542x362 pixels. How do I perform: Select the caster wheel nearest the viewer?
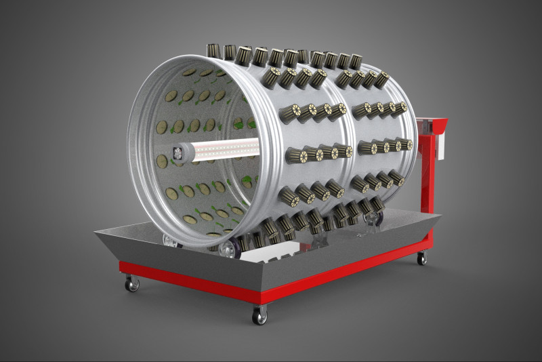[259, 315]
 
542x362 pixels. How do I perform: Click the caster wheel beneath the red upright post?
[421, 258]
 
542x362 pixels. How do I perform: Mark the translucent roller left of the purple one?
[171, 239]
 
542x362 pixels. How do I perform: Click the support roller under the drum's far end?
[373, 218]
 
